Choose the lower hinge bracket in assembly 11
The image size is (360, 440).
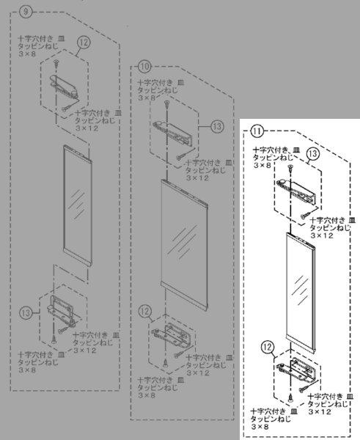pos(297,371)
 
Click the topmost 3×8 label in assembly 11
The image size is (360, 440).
pos(262,166)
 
